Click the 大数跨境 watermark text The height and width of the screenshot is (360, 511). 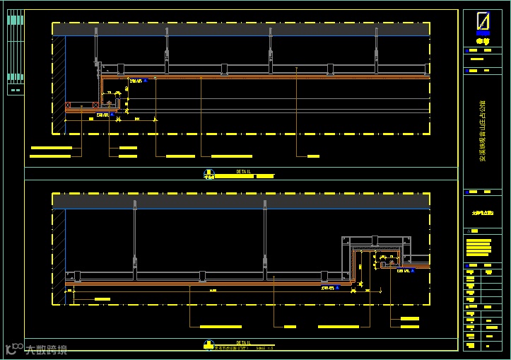pos(46,349)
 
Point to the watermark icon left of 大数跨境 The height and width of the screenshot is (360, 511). pos(13,348)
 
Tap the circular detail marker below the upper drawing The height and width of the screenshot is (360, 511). pos(209,174)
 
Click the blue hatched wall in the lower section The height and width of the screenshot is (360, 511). pos(61,255)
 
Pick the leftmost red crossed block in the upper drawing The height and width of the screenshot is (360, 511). pos(69,105)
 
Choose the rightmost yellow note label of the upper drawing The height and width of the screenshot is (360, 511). pos(313,156)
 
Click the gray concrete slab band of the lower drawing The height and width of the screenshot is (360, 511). pos(240,201)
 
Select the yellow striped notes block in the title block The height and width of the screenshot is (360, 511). pos(478,248)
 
